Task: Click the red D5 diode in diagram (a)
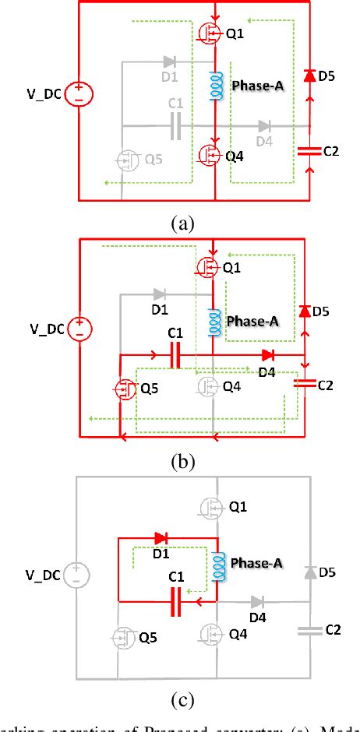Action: point(309,76)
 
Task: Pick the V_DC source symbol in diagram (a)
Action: point(79,95)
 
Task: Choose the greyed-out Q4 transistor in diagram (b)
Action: point(208,385)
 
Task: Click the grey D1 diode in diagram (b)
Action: point(159,294)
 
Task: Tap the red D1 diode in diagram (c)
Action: point(162,537)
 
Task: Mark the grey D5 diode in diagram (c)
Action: point(309,572)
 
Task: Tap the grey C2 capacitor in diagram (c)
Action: point(309,631)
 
